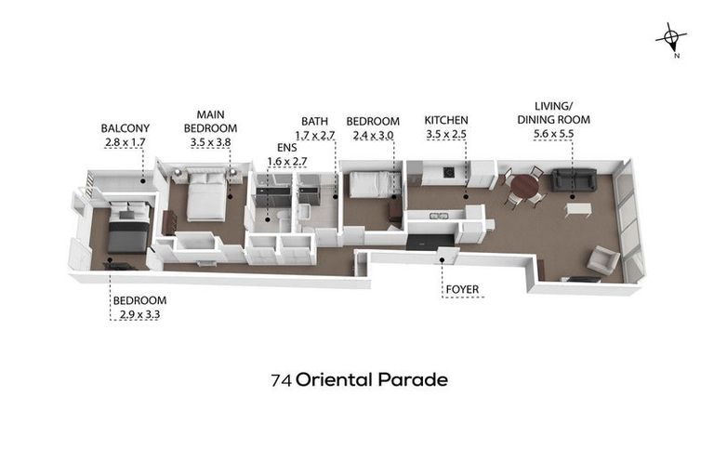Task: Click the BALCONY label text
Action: tap(125, 128)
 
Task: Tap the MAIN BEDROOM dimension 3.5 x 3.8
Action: tap(209, 142)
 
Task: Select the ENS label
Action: tap(287, 147)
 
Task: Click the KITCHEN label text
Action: tap(446, 121)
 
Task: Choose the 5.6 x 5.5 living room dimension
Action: tap(553, 134)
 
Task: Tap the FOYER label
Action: tap(462, 289)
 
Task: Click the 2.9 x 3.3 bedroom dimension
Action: tap(139, 314)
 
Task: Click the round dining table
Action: tap(525, 185)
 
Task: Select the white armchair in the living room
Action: tap(602, 259)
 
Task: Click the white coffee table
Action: tap(577, 209)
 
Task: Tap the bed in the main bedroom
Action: tap(205, 197)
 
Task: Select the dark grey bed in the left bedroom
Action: tap(127, 231)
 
